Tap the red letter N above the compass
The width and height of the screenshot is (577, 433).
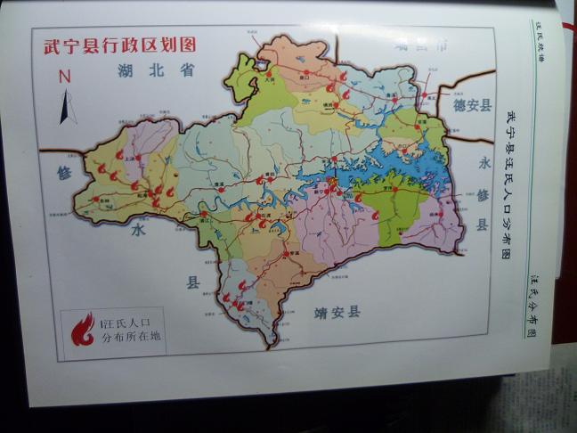(64, 78)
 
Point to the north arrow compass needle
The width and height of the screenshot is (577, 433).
(67, 107)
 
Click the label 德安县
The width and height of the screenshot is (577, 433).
(472, 105)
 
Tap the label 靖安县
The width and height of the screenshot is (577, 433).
(337, 312)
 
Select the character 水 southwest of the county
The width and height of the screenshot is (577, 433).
(137, 229)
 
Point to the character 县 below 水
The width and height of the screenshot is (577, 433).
(192, 282)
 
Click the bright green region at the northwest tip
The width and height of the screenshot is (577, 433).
(242, 76)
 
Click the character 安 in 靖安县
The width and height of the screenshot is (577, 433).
(337, 312)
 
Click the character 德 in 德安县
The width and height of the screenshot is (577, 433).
(459, 105)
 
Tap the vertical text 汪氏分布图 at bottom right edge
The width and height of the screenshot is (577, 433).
(532, 307)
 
